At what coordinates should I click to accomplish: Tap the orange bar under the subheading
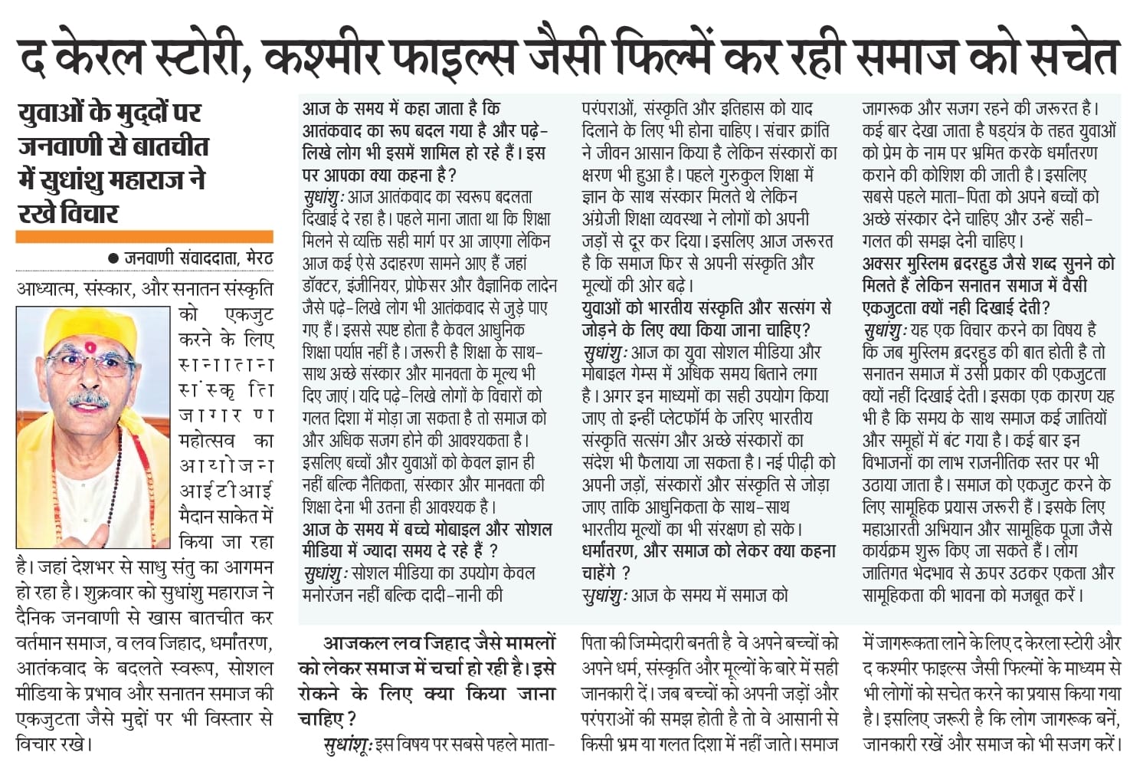[144, 237]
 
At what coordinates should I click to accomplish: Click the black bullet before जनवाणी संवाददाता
[113, 259]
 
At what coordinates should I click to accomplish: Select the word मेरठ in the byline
[259, 259]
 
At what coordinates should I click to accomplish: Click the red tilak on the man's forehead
[90, 347]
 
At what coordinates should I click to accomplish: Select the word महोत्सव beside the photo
[206, 440]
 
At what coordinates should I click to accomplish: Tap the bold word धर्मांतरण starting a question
[610, 550]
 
